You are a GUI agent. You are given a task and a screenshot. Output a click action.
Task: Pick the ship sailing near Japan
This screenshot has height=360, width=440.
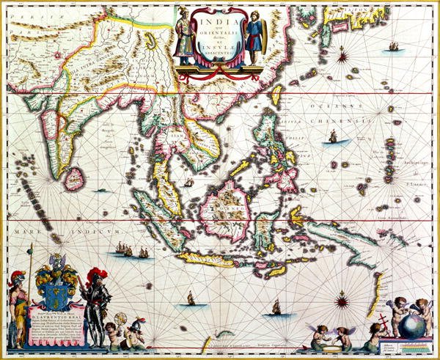point(394,46)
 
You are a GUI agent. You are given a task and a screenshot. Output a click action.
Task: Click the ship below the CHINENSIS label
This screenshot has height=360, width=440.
point(332,136)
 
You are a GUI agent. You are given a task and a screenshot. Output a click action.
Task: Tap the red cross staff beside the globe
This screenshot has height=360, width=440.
point(381,328)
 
